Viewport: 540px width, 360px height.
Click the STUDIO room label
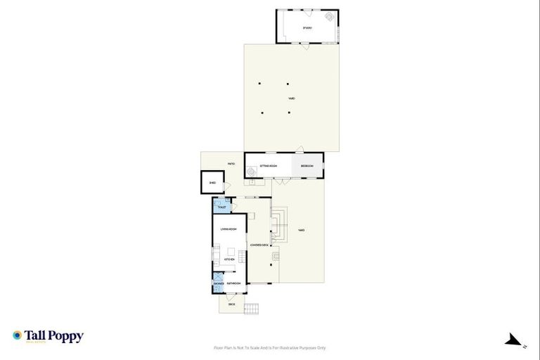pos(307,27)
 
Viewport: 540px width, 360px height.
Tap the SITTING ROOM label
pos(269,166)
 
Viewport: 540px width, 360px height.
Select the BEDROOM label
pos(307,166)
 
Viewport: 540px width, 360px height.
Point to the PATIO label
pos(231,164)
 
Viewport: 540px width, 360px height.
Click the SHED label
pos(212,183)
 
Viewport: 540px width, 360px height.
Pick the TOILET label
pos(221,208)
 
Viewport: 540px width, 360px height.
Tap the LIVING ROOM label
pos(229,229)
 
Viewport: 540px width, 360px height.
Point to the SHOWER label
pos(219,283)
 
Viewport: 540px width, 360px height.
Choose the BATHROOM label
pos(233,283)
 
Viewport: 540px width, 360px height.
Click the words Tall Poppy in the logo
pos(54,335)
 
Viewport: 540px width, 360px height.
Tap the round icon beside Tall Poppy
pos(18,335)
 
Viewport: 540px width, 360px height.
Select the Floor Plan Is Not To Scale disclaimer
pos(270,347)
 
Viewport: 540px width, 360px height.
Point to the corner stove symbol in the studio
pos(330,17)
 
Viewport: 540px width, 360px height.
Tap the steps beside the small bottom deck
pos(252,308)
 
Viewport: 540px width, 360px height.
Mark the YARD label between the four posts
pos(291,98)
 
